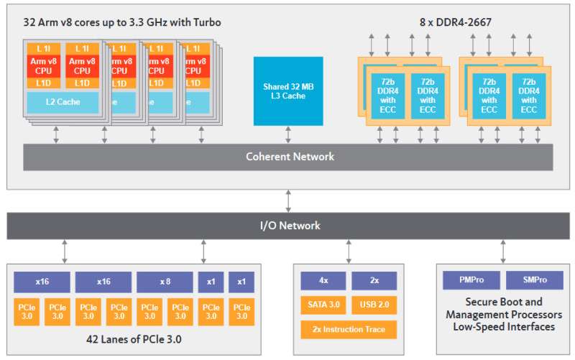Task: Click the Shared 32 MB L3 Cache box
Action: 288,91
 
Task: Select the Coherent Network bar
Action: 288,157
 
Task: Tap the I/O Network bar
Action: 288,226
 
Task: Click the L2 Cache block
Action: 63,102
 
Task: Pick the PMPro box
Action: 471,280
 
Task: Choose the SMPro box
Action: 535,280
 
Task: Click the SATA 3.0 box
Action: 323,305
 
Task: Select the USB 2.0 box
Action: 374,305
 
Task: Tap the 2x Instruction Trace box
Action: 349,330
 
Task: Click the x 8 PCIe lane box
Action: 165,282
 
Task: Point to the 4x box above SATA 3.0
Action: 323,281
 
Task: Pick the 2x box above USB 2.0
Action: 374,281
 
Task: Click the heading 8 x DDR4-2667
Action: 456,22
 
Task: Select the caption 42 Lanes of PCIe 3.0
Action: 134,339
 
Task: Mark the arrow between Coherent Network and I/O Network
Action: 289,201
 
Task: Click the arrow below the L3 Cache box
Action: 288,134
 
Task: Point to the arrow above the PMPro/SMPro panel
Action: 503,251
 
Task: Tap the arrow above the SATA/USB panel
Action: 349,251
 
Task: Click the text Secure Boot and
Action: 504,302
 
